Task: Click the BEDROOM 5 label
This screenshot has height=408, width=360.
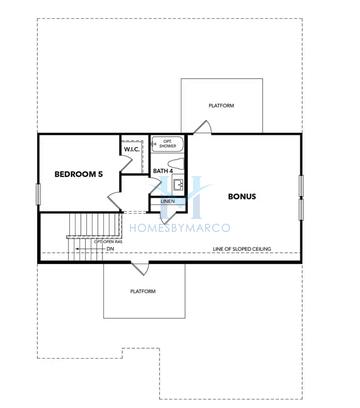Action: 79,174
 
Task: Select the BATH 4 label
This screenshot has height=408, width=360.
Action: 163,171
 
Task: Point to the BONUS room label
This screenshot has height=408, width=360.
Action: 242,196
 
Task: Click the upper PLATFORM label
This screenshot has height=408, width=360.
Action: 221,105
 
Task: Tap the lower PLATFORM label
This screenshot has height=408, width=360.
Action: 143,291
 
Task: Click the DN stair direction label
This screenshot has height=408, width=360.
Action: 110,249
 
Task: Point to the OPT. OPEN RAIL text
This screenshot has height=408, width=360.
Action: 108,241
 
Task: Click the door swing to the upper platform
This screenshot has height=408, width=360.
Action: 202,127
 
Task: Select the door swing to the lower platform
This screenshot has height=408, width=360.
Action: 138,268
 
